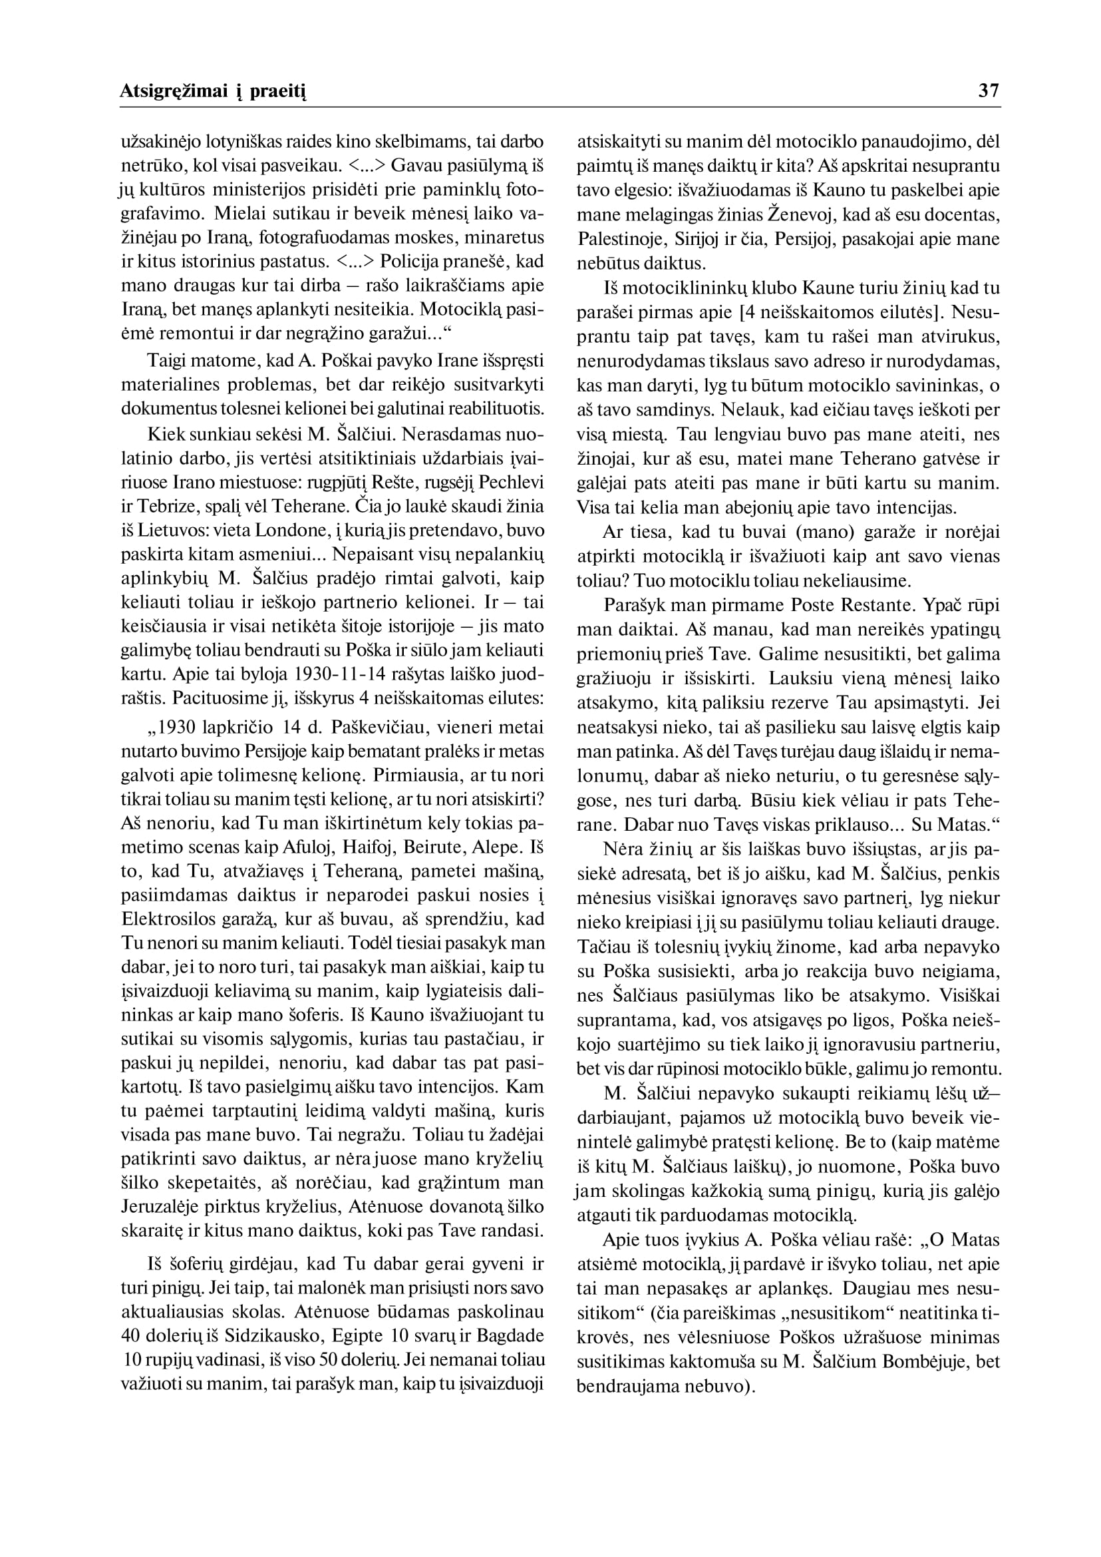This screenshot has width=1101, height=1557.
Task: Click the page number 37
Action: pyautogui.click(x=989, y=91)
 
